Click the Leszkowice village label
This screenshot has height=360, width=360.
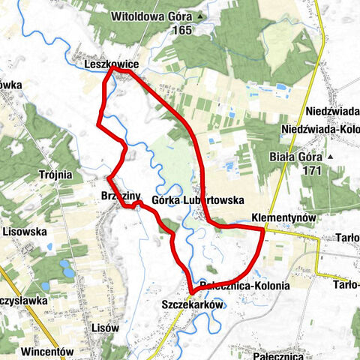pos(109,65)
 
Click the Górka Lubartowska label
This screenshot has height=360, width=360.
pos(198,200)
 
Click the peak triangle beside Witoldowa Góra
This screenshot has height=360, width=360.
pos(200,16)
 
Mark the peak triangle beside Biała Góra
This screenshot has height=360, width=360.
pos(331,158)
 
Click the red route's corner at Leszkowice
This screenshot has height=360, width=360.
pos(112,71)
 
